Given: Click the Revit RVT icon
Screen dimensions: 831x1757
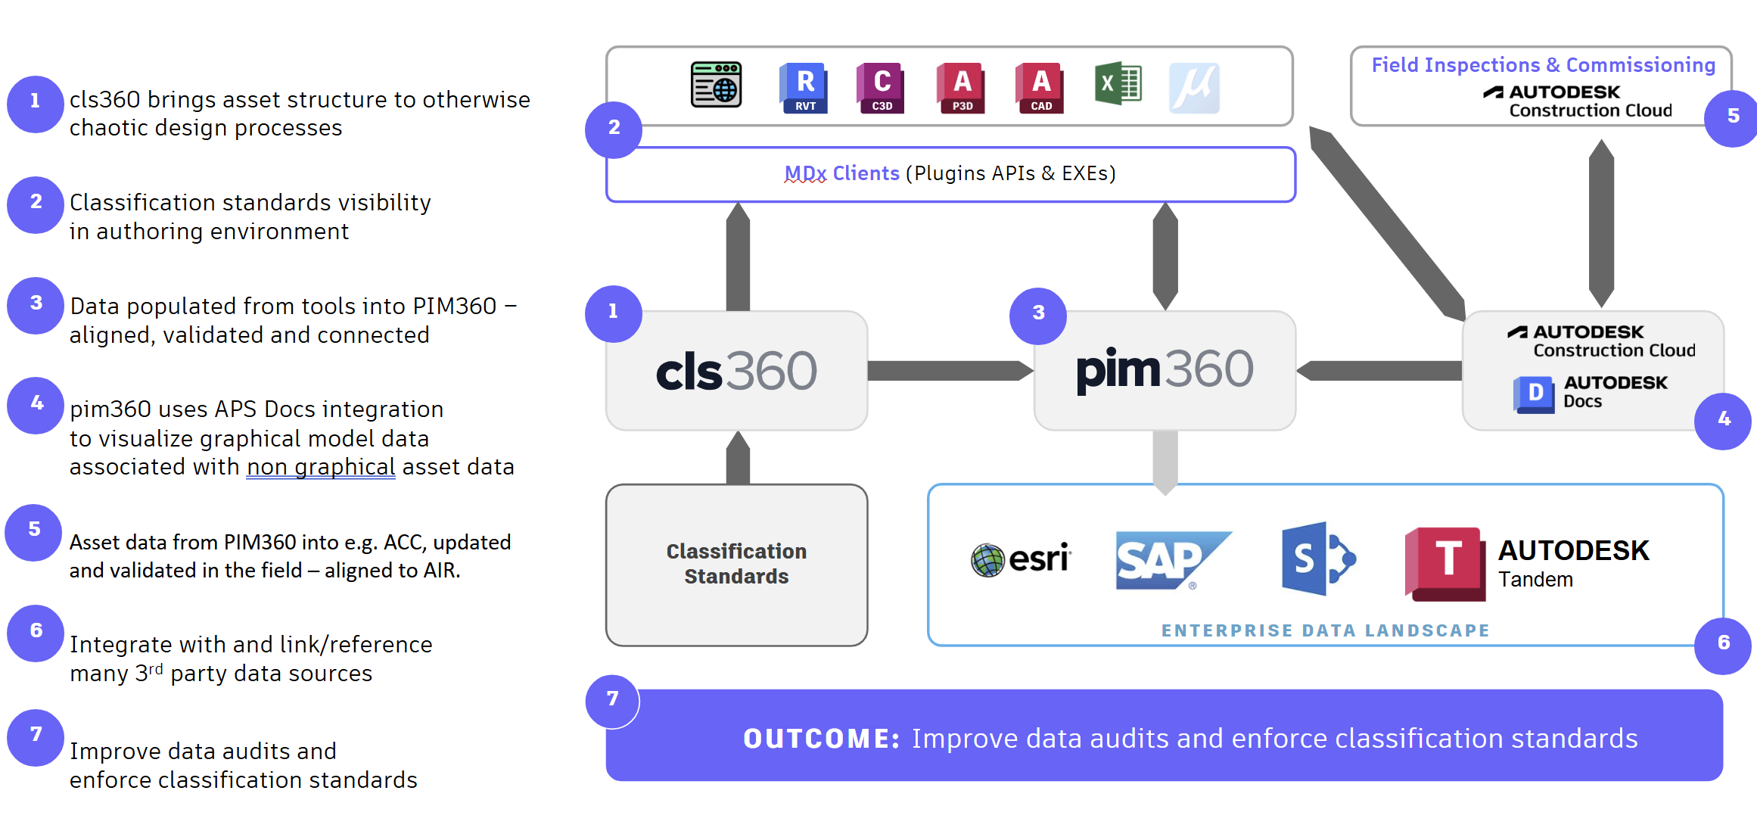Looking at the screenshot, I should point(804,88).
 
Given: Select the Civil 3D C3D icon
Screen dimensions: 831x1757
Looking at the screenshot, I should point(881,88).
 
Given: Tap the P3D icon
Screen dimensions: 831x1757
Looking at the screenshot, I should point(961,88).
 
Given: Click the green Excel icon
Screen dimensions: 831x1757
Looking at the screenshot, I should point(1118,84).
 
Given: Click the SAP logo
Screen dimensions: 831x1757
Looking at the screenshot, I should point(1169,560).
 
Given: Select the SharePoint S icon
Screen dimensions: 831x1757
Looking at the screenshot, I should point(1317,559).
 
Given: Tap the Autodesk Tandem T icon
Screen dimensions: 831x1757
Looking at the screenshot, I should point(1444,563).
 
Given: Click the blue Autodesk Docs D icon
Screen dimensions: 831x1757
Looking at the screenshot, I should point(1534,394).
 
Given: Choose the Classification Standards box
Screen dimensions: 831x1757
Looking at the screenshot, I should point(736,565).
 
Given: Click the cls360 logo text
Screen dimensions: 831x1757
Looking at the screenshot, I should point(736,372).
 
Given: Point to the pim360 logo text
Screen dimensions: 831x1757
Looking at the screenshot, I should point(1165,370).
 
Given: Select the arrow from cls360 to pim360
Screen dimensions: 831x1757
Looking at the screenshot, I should point(950,371).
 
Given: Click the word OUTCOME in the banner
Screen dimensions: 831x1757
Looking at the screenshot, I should point(821,739).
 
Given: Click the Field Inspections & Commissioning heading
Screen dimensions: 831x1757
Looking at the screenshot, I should point(1543,65).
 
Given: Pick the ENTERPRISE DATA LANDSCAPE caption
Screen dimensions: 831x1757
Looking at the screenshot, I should point(1325,630).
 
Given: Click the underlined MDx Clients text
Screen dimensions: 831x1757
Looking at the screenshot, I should point(841,174).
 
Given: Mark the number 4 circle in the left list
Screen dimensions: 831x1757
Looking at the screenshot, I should point(36,405).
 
